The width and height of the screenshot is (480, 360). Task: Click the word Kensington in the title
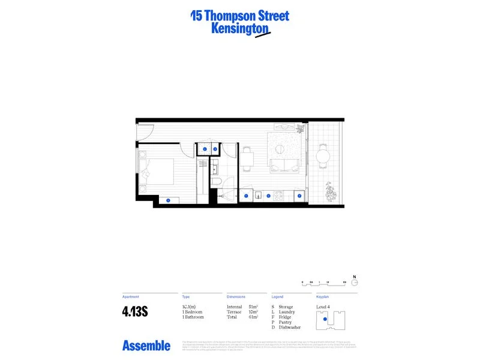(239, 28)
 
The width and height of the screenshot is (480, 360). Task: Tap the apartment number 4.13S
(135, 311)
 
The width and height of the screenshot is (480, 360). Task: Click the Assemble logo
(146, 346)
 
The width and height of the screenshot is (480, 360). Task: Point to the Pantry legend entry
(285, 322)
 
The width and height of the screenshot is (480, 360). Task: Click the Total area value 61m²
(253, 317)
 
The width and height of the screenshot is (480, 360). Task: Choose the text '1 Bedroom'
(193, 312)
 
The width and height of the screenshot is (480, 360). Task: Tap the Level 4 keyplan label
(323, 307)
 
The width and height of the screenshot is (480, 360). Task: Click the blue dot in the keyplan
(325, 320)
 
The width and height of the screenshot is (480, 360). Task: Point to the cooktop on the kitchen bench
(278, 195)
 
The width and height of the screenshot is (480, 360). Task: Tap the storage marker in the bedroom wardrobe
(168, 200)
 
